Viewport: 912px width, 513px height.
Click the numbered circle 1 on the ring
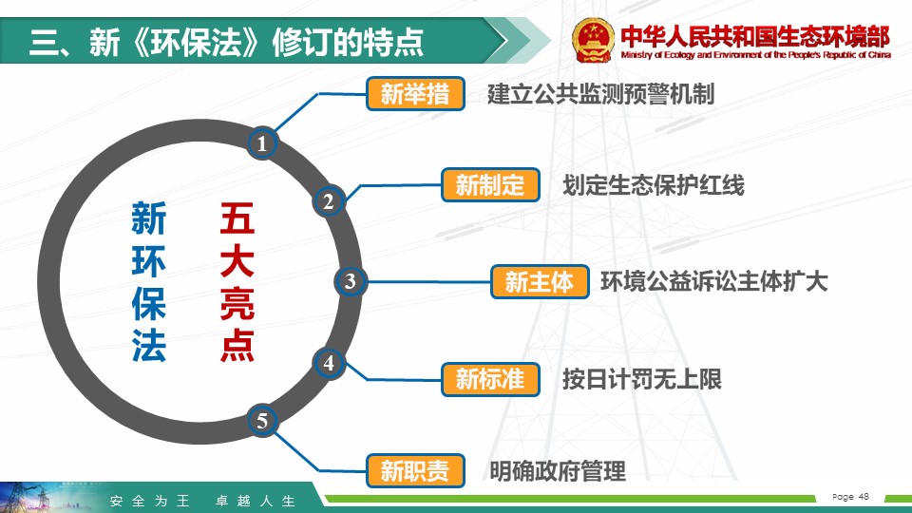click(x=262, y=143)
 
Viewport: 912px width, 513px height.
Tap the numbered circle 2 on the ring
click(x=329, y=201)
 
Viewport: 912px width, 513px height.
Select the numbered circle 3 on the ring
click(x=350, y=281)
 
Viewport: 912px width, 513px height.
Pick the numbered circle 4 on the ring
click(x=329, y=363)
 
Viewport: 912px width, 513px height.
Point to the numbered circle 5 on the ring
click(x=262, y=421)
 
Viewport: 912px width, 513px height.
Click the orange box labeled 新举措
click(x=415, y=94)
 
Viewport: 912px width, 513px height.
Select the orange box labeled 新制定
click(x=490, y=185)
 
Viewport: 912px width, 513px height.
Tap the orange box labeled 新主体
click(x=540, y=281)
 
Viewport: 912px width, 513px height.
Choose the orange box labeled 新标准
click(x=490, y=379)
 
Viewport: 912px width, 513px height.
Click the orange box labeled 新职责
click(x=415, y=470)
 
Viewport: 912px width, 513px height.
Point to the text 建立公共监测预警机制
click(x=600, y=94)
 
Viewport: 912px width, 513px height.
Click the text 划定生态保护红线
click(x=654, y=185)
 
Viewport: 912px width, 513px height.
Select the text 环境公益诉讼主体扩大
click(x=713, y=281)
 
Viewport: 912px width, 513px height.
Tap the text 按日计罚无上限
click(x=642, y=379)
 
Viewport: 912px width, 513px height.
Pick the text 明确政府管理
click(x=558, y=471)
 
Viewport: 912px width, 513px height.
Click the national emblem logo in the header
click(x=593, y=40)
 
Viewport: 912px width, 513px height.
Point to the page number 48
click(x=864, y=496)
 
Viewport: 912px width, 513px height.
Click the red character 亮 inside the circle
click(x=237, y=303)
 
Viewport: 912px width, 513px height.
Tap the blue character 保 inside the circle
click(x=149, y=303)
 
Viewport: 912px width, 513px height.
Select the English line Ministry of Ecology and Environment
click(x=755, y=55)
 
